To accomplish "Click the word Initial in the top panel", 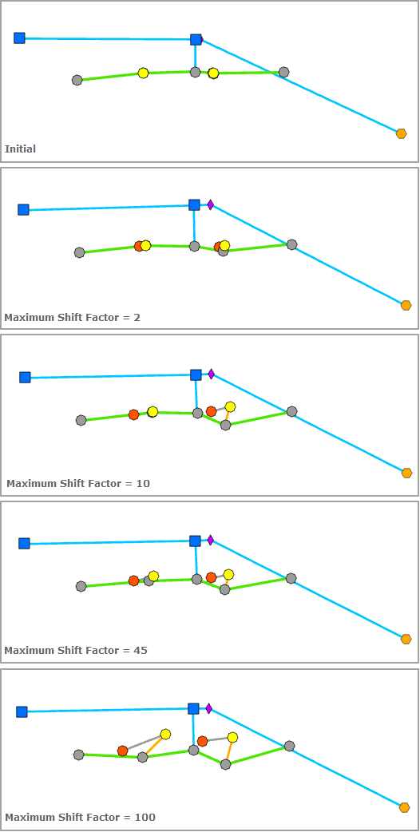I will tap(20, 149).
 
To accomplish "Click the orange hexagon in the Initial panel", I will tap(401, 133).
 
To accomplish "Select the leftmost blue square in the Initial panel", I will tap(19, 38).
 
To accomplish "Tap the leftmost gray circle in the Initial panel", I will tap(77, 80).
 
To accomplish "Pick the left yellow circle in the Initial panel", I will tap(143, 73).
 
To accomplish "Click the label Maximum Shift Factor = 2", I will tap(72, 317).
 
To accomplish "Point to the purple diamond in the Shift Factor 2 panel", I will tap(211, 204).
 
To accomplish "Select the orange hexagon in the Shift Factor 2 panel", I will tap(406, 305).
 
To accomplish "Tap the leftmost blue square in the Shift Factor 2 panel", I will tap(23, 209).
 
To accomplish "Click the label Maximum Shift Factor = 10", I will tap(77, 483).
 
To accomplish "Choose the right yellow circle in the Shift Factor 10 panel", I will tap(230, 406).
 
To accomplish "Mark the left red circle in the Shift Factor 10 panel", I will tap(133, 414).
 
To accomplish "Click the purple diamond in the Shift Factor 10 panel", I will tap(212, 374).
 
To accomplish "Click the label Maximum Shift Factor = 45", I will tap(75, 650).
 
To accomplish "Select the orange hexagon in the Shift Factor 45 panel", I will tap(406, 639).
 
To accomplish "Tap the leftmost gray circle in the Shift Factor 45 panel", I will tap(81, 586).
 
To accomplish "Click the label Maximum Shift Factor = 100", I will tap(80, 817).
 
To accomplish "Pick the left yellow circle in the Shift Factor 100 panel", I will tap(165, 734).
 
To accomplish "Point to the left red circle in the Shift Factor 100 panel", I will tap(122, 751).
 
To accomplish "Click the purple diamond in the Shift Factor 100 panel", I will tap(208, 708).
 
